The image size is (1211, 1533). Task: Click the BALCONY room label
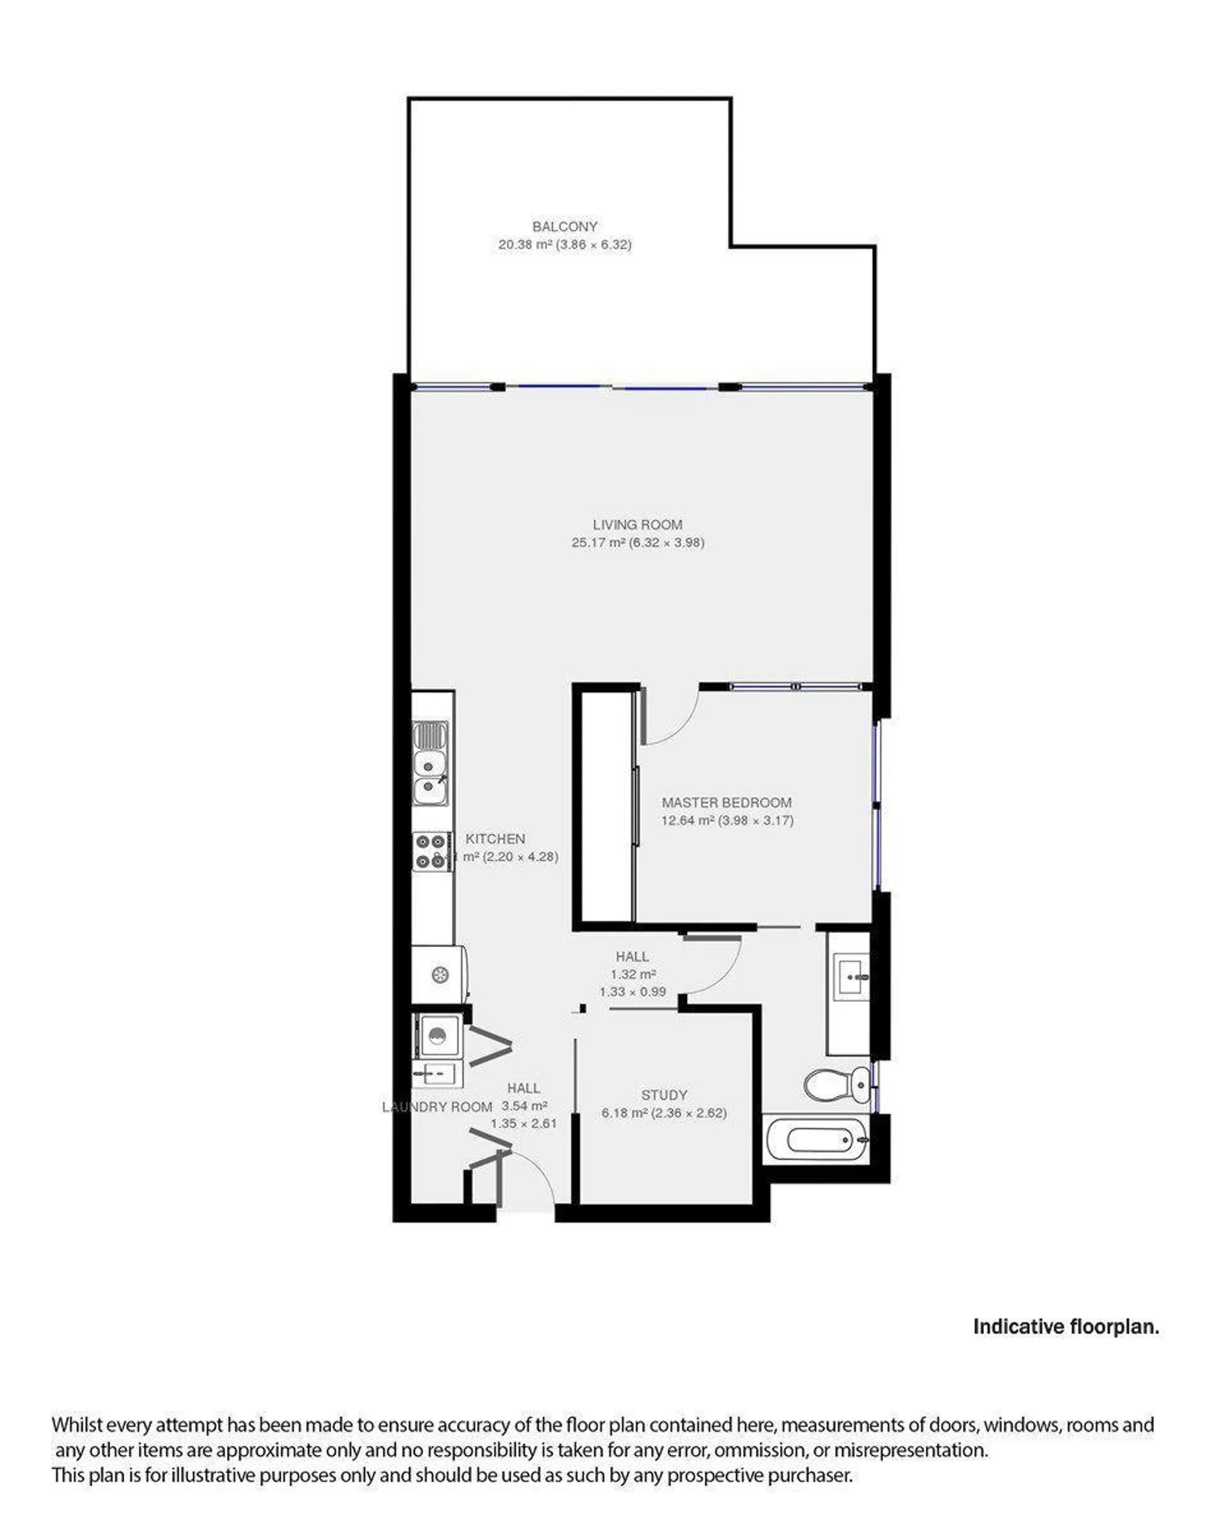(565, 227)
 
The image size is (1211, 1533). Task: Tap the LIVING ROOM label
(638, 525)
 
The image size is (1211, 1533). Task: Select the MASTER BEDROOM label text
(727, 802)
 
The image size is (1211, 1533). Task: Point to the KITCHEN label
(495, 838)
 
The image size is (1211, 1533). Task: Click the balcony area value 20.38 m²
(525, 245)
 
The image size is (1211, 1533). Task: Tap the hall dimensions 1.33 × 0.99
(633, 992)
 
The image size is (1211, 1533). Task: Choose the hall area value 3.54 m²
(524, 1105)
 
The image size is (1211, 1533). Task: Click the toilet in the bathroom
(836, 1085)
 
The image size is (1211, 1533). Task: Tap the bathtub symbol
(816, 1139)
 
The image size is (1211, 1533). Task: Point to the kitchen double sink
(430, 763)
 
